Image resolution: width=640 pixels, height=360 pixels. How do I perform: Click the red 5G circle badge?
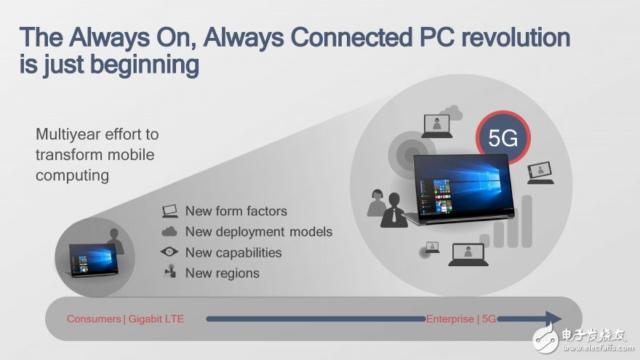click(x=503, y=138)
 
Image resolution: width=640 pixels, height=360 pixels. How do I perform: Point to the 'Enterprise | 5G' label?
click(x=460, y=319)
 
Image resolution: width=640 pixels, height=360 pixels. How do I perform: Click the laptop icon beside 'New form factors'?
click(x=169, y=211)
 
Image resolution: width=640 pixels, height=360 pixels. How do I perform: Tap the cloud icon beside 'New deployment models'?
click(x=169, y=232)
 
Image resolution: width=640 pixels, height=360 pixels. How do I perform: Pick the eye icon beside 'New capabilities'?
click(x=169, y=252)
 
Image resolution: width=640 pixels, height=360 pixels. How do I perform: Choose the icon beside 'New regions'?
click(x=169, y=273)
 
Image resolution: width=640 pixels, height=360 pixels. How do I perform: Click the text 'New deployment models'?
click(x=258, y=232)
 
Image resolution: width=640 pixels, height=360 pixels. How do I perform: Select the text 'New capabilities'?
click(x=233, y=252)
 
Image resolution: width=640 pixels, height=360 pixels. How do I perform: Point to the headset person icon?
click(x=376, y=202)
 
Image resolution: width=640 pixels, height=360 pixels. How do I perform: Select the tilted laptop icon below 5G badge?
click(x=540, y=172)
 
